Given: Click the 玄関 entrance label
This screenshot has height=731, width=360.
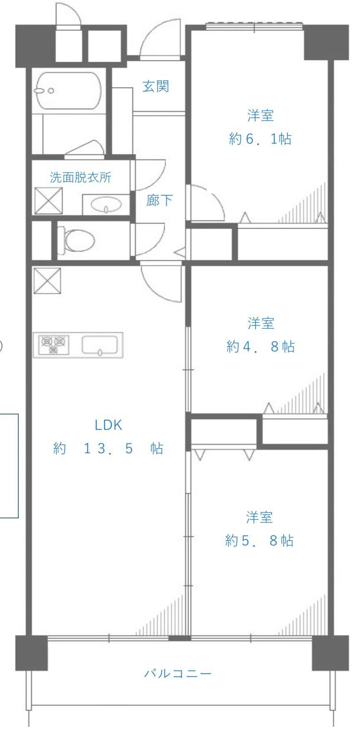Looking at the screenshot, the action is point(156,87).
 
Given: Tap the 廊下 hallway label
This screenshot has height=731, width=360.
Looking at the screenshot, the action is point(159,201).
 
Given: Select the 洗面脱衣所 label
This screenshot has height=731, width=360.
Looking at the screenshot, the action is point(81,177).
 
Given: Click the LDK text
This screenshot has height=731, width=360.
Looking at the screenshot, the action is point(108,425).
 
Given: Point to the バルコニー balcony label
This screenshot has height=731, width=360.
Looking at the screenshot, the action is point(178,673).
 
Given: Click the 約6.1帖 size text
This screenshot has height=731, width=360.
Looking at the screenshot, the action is point(260,139).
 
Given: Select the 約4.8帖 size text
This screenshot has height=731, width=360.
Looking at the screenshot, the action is point(260,346).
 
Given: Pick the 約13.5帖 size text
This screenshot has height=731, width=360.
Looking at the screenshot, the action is point(108,449).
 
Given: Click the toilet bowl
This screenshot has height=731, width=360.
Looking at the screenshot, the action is point(76,240).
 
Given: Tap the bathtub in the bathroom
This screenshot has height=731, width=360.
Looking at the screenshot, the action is point(69,91).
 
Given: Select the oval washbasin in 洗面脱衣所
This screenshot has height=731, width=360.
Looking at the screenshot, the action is point(107,205).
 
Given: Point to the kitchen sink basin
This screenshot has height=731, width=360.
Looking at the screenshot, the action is point(100,345).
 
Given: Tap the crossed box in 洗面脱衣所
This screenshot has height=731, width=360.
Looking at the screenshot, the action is point(48,201).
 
